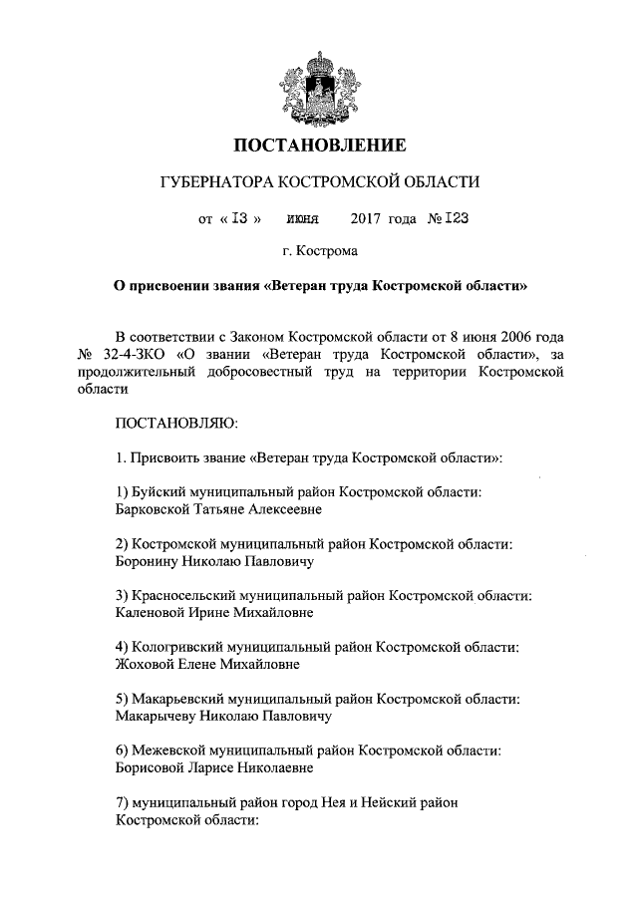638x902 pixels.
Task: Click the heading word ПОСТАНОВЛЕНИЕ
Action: [x=319, y=146]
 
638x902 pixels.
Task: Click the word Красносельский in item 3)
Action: [x=183, y=595]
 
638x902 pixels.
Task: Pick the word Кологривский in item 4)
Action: [x=177, y=647]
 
